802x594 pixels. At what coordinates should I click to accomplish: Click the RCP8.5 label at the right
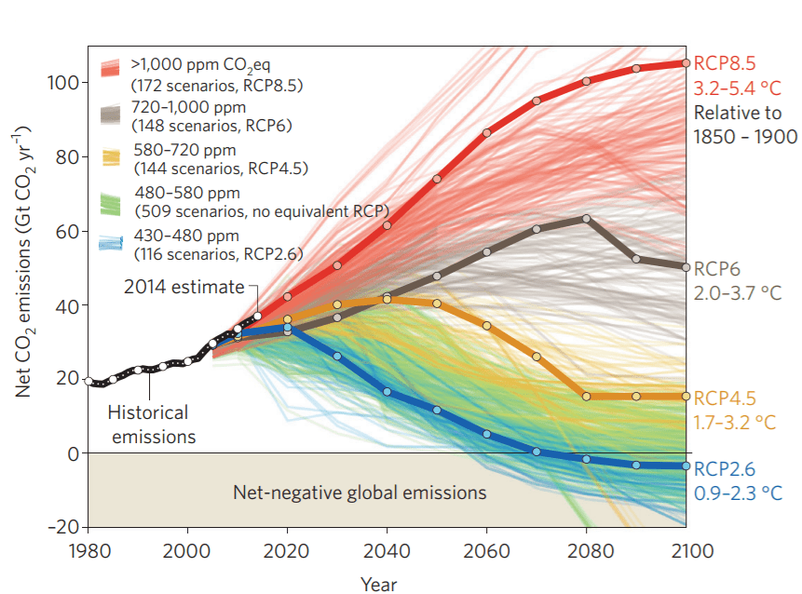[x=726, y=62]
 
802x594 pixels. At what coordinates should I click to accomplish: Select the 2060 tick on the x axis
[x=486, y=550]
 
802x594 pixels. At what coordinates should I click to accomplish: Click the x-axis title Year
[x=379, y=584]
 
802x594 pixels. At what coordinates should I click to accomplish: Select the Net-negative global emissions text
[x=360, y=491]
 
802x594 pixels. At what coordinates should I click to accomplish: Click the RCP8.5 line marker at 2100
[x=686, y=63]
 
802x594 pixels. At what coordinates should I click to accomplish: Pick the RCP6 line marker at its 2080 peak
[x=586, y=219]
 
